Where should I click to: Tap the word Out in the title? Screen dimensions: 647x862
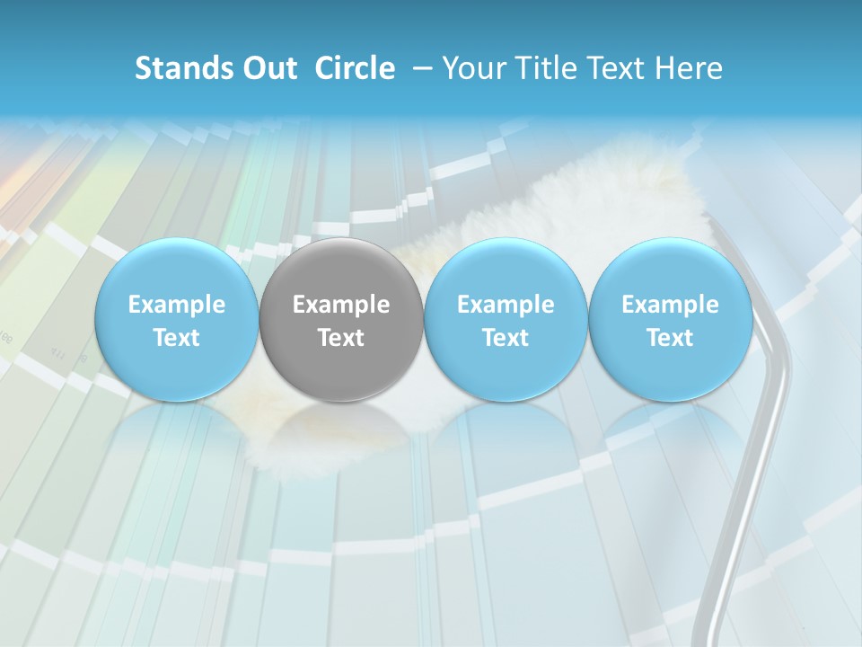pos(267,68)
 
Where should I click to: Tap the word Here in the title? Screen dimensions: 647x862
pos(689,68)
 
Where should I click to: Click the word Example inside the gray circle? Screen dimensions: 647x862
pos(341,305)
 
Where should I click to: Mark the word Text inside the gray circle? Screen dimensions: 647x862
pos(341,338)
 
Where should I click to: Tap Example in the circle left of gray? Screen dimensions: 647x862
pos(176,305)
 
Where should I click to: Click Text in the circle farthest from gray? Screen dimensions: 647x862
pos(671,338)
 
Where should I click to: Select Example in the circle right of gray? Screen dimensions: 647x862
pos(506,305)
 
